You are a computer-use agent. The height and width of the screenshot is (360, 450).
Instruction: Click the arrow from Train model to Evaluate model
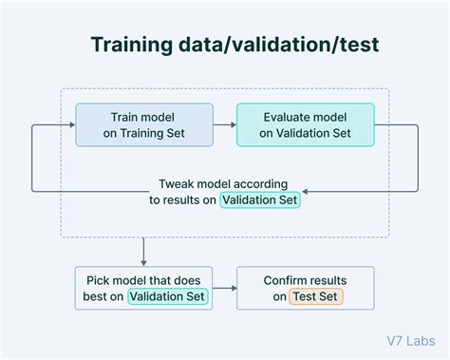(223, 124)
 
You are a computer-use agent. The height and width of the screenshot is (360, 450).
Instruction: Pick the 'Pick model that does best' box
(142, 288)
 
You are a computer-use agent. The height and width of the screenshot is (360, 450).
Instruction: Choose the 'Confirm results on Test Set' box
(305, 288)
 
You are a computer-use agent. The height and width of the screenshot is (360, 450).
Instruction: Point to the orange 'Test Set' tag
(317, 297)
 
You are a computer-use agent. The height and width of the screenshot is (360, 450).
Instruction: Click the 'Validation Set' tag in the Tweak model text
(259, 199)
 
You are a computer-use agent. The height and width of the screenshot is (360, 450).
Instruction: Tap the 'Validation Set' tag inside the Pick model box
(168, 297)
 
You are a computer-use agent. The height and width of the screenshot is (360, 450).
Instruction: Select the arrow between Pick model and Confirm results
(224, 288)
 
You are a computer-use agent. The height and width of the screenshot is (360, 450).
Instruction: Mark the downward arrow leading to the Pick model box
(142, 252)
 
